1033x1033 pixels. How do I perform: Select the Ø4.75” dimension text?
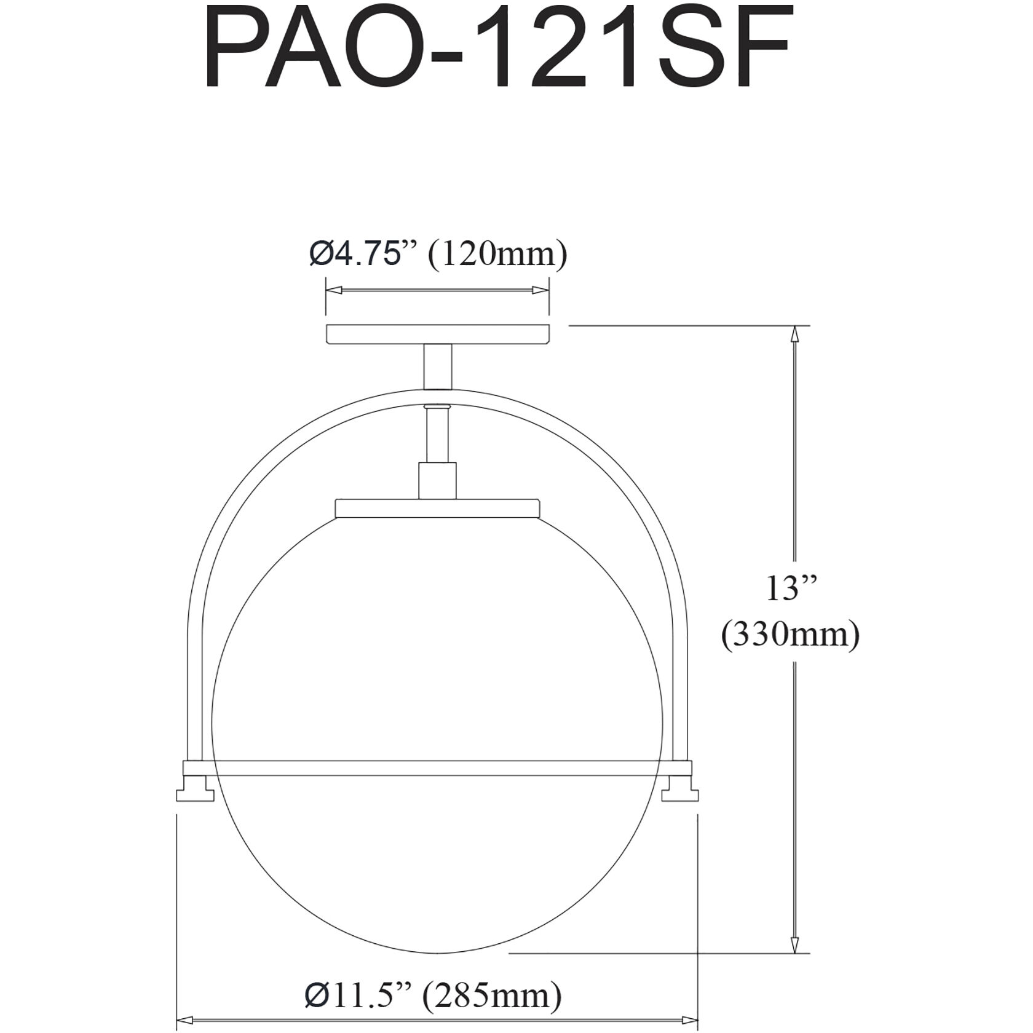click(364, 254)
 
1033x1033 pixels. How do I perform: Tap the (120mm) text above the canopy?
click(497, 254)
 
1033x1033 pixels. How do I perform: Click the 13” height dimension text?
click(790, 589)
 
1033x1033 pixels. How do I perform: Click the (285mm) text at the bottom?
click(491, 978)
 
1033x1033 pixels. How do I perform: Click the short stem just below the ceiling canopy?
click(437, 366)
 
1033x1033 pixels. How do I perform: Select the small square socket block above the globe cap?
click(437, 480)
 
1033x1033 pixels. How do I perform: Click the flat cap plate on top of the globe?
click(437, 507)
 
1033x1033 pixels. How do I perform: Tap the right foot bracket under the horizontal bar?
click(680, 793)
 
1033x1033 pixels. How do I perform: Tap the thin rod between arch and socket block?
click(437, 437)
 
